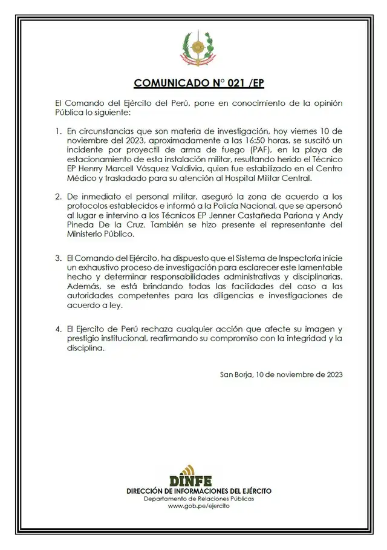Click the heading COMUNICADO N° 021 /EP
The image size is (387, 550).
pos(199,83)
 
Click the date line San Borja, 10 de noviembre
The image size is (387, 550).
pos(281,375)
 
